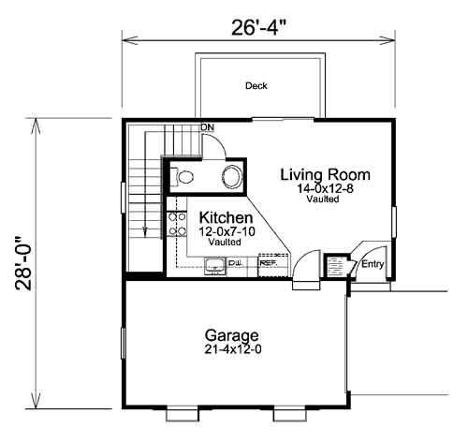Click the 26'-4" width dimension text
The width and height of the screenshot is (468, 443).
point(258,28)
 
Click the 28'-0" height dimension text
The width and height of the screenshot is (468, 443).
point(23,263)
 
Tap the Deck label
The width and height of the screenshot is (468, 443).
point(256,85)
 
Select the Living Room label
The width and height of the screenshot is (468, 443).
point(326,174)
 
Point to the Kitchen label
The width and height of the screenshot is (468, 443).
point(226,217)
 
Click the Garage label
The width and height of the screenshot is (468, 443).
point(232,336)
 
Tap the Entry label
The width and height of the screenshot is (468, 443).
point(373,264)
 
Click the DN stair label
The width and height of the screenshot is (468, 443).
point(208,127)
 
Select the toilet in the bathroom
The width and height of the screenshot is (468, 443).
point(183,177)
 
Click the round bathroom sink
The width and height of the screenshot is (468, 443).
point(232,177)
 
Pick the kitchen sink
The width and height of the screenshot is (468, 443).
point(214,266)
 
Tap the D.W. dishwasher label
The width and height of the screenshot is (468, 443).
point(236,263)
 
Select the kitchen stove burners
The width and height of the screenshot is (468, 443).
point(177,224)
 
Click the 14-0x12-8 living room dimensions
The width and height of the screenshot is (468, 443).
point(325,188)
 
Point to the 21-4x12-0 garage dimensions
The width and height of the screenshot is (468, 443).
point(233,349)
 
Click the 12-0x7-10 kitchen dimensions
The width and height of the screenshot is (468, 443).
point(227,231)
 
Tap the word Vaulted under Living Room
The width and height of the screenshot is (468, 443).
point(323,199)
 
